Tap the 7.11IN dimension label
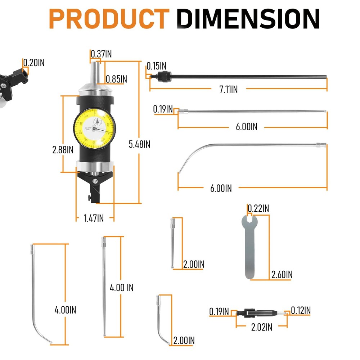(x=228, y=90)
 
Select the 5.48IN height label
(x=139, y=144)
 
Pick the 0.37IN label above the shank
(x=101, y=54)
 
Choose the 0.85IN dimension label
(x=116, y=78)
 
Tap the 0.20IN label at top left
(x=34, y=63)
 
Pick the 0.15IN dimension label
(x=156, y=66)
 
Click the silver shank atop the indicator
(x=95, y=72)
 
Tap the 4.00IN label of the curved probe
(x=65, y=310)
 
